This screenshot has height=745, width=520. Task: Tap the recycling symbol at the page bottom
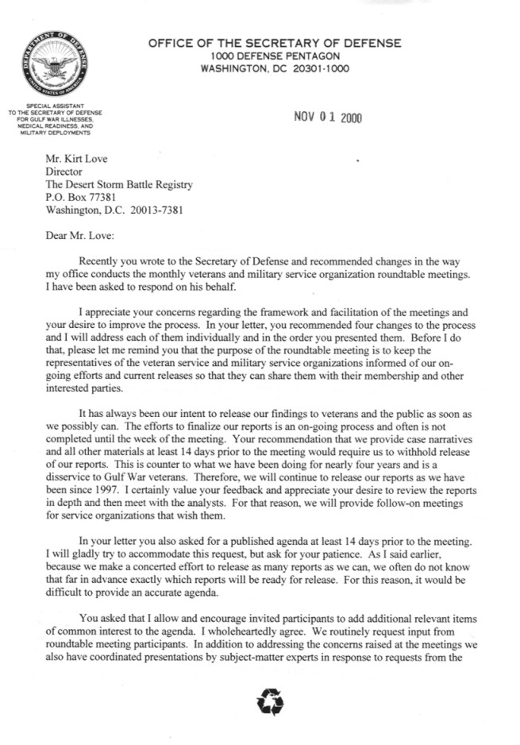[x=264, y=701]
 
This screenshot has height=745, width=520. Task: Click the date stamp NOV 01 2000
[x=328, y=118]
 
